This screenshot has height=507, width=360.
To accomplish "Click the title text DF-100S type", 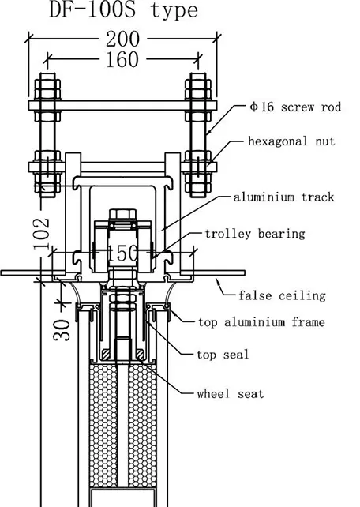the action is point(123,9).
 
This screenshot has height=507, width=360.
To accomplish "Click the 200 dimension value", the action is point(123,39).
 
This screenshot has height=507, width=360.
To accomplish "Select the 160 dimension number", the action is point(122,59).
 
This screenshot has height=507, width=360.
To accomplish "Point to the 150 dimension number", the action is point(122,253).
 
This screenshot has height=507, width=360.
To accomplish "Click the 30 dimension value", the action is point(62,330).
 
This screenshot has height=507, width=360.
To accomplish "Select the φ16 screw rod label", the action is point(295,107).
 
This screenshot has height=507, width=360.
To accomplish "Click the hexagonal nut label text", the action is point(291,141).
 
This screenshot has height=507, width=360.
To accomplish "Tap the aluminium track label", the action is point(283,197).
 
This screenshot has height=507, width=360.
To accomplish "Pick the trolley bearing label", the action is point(255,234).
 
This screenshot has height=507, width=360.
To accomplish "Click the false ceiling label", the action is point(282,295).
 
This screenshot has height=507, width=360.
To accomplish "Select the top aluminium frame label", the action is point(261,322).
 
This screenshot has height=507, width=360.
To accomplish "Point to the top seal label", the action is point(223,355).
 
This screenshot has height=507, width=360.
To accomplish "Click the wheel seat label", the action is point(231,394).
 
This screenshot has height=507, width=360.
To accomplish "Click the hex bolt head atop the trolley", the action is point(122,214).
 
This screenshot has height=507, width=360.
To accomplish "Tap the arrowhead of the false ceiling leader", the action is point(219,282).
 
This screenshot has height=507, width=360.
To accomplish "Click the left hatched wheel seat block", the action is point(105,355).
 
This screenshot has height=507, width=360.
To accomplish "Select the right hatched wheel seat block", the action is point(140,355).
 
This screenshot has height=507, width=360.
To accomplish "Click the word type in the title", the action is point(174,11).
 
